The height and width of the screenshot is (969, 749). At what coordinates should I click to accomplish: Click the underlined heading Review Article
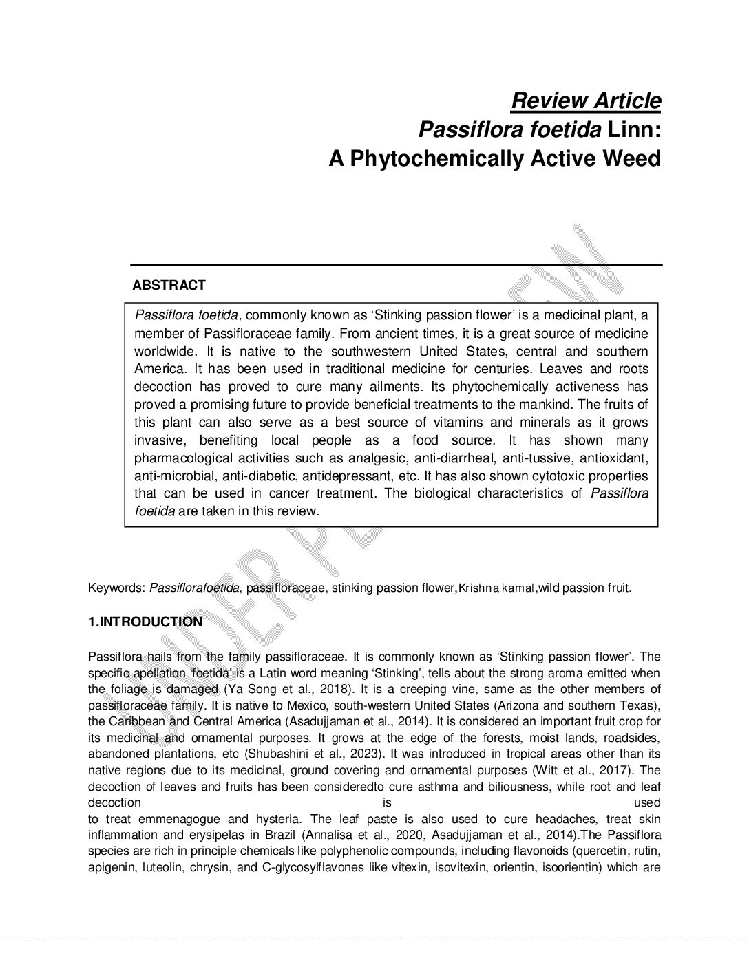coord(586,100)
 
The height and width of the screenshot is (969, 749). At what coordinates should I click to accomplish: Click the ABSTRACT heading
coord(169,285)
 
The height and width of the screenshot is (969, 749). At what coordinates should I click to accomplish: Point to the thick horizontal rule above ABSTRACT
coord(396,265)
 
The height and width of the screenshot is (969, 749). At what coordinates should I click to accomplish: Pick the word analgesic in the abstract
coord(368,458)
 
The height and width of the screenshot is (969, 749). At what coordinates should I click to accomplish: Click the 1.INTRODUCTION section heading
coord(145,622)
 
